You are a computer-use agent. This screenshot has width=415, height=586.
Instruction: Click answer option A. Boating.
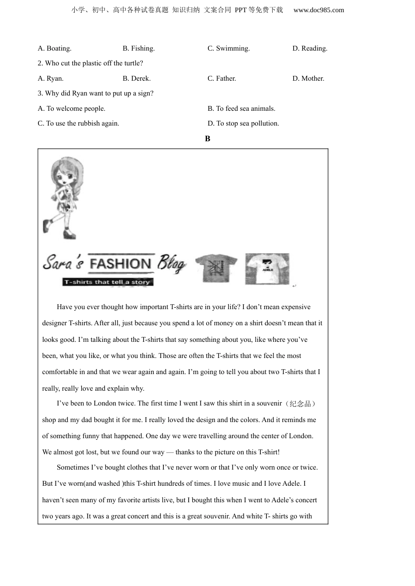pyautogui.click(x=55, y=48)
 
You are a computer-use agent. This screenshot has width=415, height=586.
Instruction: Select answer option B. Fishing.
pyautogui.click(x=138, y=48)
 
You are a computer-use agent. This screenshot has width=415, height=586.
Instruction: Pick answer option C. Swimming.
pyautogui.click(x=228, y=48)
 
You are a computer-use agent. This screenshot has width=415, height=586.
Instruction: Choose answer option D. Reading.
pyautogui.click(x=310, y=48)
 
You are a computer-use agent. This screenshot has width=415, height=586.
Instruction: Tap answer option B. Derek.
pyautogui.click(x=136, y=78)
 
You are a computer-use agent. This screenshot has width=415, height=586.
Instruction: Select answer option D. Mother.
pyautogui.click(x=308, y=78)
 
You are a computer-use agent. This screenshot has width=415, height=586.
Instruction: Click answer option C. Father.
pyautogui.click(x=221, y=78)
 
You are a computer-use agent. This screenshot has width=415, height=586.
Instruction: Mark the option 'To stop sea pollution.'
pyautogui.click(x=243, y=123)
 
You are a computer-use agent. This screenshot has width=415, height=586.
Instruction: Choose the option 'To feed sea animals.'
pyautogui.click(x=241, y=109)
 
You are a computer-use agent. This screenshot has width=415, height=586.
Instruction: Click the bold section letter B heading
pyautogui.click(x=207, y=139)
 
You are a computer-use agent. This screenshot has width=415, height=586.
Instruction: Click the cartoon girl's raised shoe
pyautogui.click(x=46, y=226)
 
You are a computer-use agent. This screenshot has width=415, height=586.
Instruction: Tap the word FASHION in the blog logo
pyautogui.click(x=120, y=264)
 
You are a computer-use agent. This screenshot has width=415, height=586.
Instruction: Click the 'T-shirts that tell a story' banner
pyautogui.click(x=107, y=282)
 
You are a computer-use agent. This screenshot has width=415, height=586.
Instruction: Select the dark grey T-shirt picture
pyautogui.click(x=216, y=268)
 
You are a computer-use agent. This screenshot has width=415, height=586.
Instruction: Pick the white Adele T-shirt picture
pyautogui.click(x=267, y=269)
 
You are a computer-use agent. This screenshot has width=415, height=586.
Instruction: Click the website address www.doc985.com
pyautogui.click(x=318, y=10)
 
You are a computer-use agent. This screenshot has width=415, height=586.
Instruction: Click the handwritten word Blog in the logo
pyautogui.click(x=171, y=263)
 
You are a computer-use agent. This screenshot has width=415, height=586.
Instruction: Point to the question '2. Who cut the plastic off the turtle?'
pyautogui.click(x=90, y=63)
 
